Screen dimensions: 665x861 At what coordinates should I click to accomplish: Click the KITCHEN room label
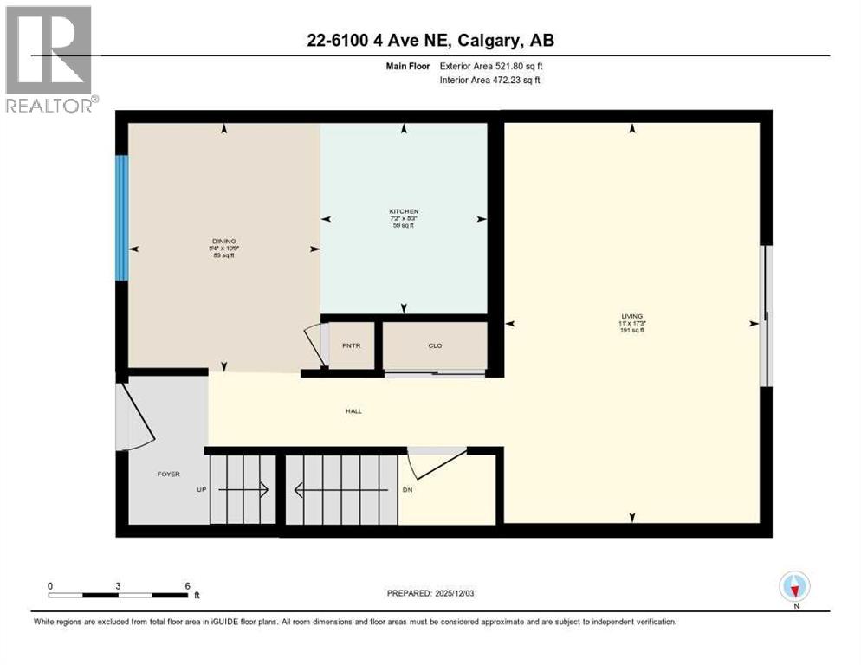pos(404,211)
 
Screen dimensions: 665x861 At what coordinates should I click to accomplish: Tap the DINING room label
pos(224,241)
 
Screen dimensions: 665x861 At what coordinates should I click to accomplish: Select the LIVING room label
pos(631,316)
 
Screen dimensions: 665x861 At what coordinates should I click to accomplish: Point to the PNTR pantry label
pos(351,345)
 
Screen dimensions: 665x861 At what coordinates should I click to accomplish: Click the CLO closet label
pos(435,345)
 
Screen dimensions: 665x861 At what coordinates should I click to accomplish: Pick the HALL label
pos(353,410)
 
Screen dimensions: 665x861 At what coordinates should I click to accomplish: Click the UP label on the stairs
pos(200,490)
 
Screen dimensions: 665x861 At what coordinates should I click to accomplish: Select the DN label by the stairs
pos(408,490)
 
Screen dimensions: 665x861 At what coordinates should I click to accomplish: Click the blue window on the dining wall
pos(122,217)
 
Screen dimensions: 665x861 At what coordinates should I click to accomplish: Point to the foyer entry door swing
pos(135,417)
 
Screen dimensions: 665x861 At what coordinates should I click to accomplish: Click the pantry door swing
pos(314,346)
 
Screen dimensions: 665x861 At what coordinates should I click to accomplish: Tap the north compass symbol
pos(794,586)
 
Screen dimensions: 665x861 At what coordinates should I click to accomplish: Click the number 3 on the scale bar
pos(118,585)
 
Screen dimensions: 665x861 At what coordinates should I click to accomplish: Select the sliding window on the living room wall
pos(763,316)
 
